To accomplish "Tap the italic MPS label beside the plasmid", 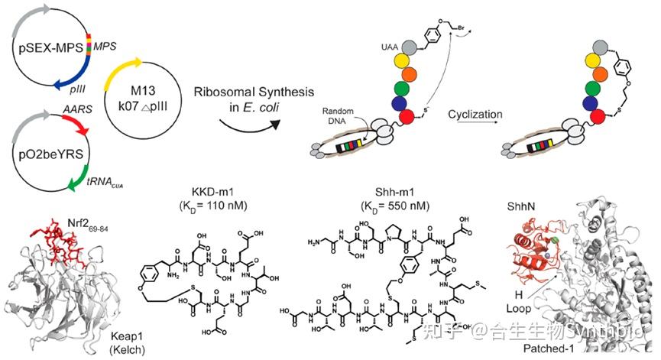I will point(104,47).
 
